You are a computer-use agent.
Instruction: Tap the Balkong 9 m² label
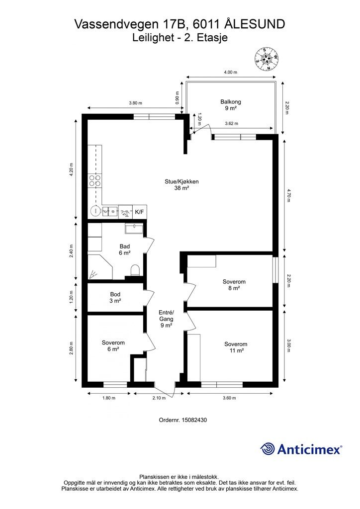[x=231, y=105]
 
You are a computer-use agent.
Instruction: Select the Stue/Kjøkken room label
[x=181, y=185]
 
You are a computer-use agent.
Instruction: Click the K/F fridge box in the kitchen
[x=140, y=212]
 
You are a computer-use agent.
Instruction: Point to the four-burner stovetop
[x=95, y=180]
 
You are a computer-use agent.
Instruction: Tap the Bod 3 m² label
[x=115, y=298]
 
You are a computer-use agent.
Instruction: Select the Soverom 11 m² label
[x=236, y=347]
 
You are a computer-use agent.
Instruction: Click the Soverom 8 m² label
[x=234, y=285]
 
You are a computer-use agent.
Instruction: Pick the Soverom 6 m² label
[x=113, y=346]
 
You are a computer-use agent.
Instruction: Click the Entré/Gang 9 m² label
[x=166, y=319]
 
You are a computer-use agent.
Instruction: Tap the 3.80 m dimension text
[x=135, y=103]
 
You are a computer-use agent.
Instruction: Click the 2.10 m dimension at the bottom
[x=159, y=398]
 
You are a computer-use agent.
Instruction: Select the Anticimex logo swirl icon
[x=267, y=449]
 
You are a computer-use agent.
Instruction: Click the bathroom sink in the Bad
[x=134, y=229]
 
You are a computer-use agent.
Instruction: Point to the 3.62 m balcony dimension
[x=231, y=123]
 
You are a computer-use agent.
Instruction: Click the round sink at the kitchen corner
[x=95, y=211]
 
